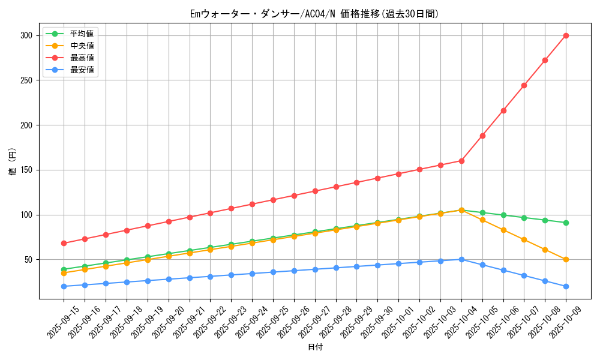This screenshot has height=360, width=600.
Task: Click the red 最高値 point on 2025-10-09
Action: (566, 35)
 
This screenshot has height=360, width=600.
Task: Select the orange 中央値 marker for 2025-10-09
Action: (566, 260)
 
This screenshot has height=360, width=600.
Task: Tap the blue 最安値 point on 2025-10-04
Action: (461, 259)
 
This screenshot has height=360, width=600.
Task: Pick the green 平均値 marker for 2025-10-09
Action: (566, 223)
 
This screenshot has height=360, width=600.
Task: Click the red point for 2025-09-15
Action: (64, 243)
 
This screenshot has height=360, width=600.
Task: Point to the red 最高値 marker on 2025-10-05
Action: (482, 136)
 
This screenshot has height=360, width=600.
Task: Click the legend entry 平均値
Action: (82, 34)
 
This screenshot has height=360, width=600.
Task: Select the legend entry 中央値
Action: (82, 46)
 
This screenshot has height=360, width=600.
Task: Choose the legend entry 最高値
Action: (82, 58)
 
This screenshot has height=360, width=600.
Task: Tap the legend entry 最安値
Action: (82, 70)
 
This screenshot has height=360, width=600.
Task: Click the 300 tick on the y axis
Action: (25, 35)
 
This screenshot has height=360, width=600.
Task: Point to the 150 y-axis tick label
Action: (25, 170)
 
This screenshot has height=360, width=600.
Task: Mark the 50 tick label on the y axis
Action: (28, 260)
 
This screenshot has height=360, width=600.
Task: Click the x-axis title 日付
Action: (315, 347)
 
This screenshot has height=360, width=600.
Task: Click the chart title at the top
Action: (314, 14)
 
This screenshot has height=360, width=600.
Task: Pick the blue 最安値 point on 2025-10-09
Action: (566, 286)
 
